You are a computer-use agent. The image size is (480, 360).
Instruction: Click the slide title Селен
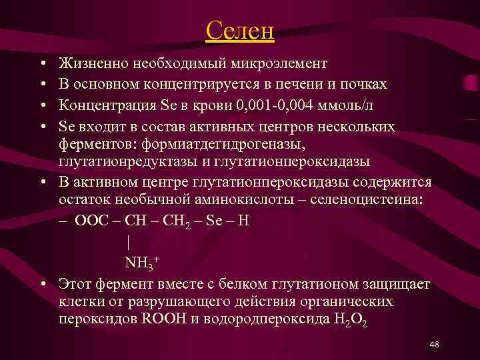click(240, 31)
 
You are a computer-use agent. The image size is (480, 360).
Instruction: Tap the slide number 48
click(434, 344)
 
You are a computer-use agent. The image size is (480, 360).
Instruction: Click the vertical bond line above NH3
click(127, 242)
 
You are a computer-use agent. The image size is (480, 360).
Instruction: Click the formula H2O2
click(349, 319)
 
